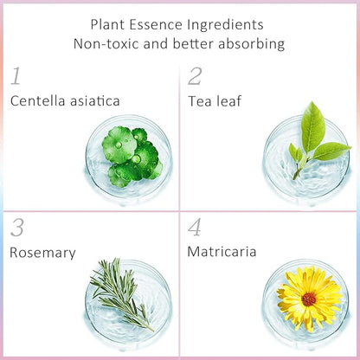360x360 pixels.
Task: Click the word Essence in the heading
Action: pyautogui.click(x=156, y=24)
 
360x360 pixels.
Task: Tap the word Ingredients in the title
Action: pyautogui.click(x=225, y=25)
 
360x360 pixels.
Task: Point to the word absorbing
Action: pyautogui.click(x=252, y=44)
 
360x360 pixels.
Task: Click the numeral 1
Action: pyautogui.click(x=16, y=76)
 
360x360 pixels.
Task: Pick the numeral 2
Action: pyautogui.click(x=195, y=76)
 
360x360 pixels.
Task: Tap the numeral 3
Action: pyautogui.click(x=17, y=228)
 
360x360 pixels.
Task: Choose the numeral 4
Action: pyautogui.click(x=195, y=228)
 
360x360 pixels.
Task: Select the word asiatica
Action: pyautogui.click(x=95, y=101)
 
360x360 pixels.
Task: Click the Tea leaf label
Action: pyautogui.click(x=215, y=101)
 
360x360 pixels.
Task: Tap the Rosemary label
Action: pyautogui.click(x=42, y=253)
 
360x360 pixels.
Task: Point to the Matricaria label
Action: pyautogui.click(x=222, y=252)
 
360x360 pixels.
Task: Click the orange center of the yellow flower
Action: pyautogui.click(x=309, y=299)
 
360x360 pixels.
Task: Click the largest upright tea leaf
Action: pyautogui.click(x=312, y=127)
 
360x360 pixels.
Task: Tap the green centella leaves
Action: pyautogui.click(x=132, y=157)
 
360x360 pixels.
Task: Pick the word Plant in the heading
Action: pyautogui.click(x=107, y=24)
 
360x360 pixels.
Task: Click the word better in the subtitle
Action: pyautogui.click(x=193, y=44)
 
